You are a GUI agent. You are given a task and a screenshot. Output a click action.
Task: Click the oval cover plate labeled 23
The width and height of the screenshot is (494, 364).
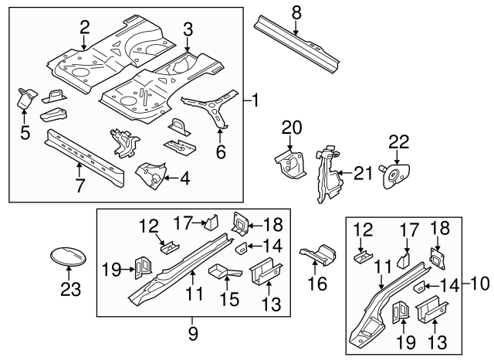click(69, 256)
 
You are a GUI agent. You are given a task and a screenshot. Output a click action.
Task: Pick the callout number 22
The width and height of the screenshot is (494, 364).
click(398, 141)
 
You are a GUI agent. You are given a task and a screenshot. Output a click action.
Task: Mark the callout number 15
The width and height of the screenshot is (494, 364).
click(228, 296)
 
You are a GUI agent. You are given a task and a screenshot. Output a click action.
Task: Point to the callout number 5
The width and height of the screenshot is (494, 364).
click(24, 132)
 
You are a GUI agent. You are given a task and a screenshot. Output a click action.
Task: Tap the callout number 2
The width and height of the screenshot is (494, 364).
click(85, 28)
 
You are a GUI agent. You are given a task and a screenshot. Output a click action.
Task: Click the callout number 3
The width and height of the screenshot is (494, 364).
click(187, 29)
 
